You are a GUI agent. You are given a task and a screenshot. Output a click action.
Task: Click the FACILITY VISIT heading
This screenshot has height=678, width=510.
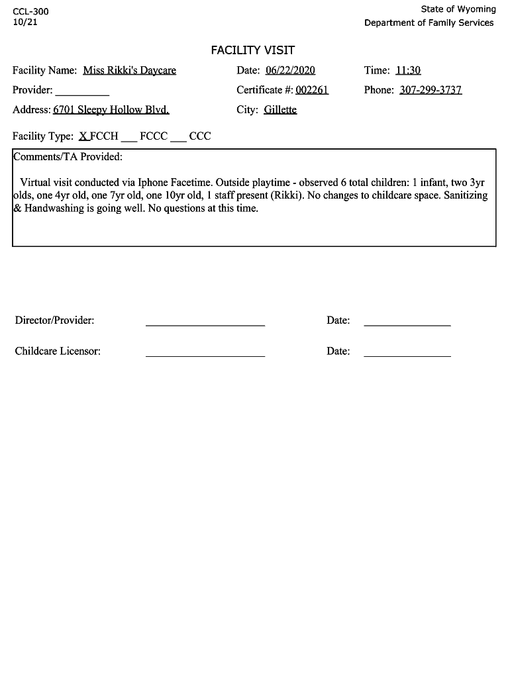tap(252, 50)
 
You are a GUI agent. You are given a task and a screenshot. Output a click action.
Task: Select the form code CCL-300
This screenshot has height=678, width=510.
tap(30, 11)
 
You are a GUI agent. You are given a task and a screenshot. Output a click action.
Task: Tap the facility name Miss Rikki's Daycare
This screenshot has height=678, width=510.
tap(130, 70)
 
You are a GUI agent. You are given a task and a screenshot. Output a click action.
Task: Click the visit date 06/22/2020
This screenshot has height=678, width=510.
tap(290, 70)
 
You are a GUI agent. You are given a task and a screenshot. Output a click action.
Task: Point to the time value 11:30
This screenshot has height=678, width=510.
tap(408, 70)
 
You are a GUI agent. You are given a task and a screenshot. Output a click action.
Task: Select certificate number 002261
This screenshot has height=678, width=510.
tap(312, 90)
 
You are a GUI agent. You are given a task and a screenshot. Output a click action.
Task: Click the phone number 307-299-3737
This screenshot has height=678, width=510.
tap(431, 90)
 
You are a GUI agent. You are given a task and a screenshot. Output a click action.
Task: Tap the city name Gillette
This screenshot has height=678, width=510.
tap(280, 110)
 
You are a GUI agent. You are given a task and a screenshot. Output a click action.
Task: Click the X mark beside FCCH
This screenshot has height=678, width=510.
tap(83, 136)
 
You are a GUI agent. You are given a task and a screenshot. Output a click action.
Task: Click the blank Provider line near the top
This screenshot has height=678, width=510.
tap(82, 93)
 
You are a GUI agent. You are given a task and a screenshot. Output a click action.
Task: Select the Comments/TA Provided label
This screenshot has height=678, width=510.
tap(68, 157)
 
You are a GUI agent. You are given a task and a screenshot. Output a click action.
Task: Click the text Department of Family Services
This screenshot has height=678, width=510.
tap(429, 23)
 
